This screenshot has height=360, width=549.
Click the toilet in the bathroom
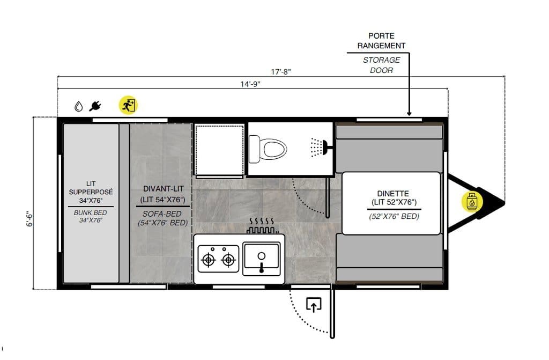click(x=268, y=149)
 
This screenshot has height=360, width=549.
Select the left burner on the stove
click(x=209, y=260)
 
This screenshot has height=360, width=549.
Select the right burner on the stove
click(x=228, y=260)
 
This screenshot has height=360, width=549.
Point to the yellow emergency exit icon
click(x=128, y=105)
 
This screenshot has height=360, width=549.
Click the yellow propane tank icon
click(x=472, y=202)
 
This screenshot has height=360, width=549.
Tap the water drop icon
click(x=79, y=106)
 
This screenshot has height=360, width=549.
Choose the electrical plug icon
click(x=95, y=106)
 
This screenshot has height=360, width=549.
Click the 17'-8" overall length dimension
click(x=281, y=72)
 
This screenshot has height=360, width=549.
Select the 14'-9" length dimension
click(x=250, y=84)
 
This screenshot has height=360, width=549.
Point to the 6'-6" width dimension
click(x=30, y=219)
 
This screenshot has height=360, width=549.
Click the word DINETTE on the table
click(x=393, y=194)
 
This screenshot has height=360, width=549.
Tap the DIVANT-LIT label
click(x=163, y=189)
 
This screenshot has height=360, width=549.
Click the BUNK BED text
click(x=90, y=213)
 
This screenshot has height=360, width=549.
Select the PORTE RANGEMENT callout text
click(x=381, y=41)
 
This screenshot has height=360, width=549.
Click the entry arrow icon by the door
click(x=314, y=305)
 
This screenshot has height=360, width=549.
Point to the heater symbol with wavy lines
click(x=262, y=226)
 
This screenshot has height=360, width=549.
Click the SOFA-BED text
click(x=162, y=214)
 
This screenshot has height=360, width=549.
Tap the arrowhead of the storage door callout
click(x=409, y=114)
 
